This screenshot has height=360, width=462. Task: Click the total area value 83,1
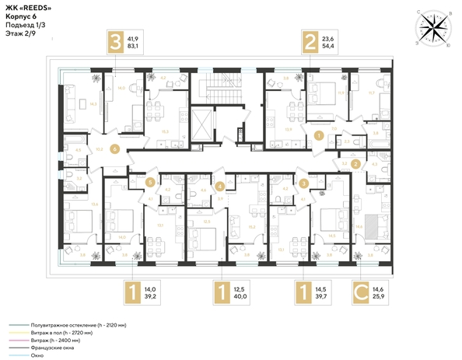[x=134, y=47]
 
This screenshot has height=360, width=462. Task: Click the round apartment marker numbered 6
[x=114, y=148]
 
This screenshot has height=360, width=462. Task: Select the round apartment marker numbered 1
[x=319, y=135]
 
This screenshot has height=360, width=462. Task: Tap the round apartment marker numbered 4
[x=220, y=186]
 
